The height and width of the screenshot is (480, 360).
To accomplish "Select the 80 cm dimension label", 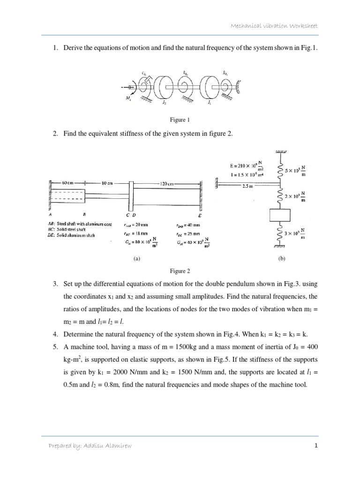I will (108, 183).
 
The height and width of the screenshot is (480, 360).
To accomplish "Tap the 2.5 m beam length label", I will (247, 186).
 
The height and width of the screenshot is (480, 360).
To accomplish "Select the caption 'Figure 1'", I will (180, 120).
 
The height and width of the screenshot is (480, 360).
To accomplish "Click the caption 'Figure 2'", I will (180, 271).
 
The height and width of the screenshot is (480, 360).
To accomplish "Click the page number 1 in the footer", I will (316, 446).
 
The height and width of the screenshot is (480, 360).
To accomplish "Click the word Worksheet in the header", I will (302, 26).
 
